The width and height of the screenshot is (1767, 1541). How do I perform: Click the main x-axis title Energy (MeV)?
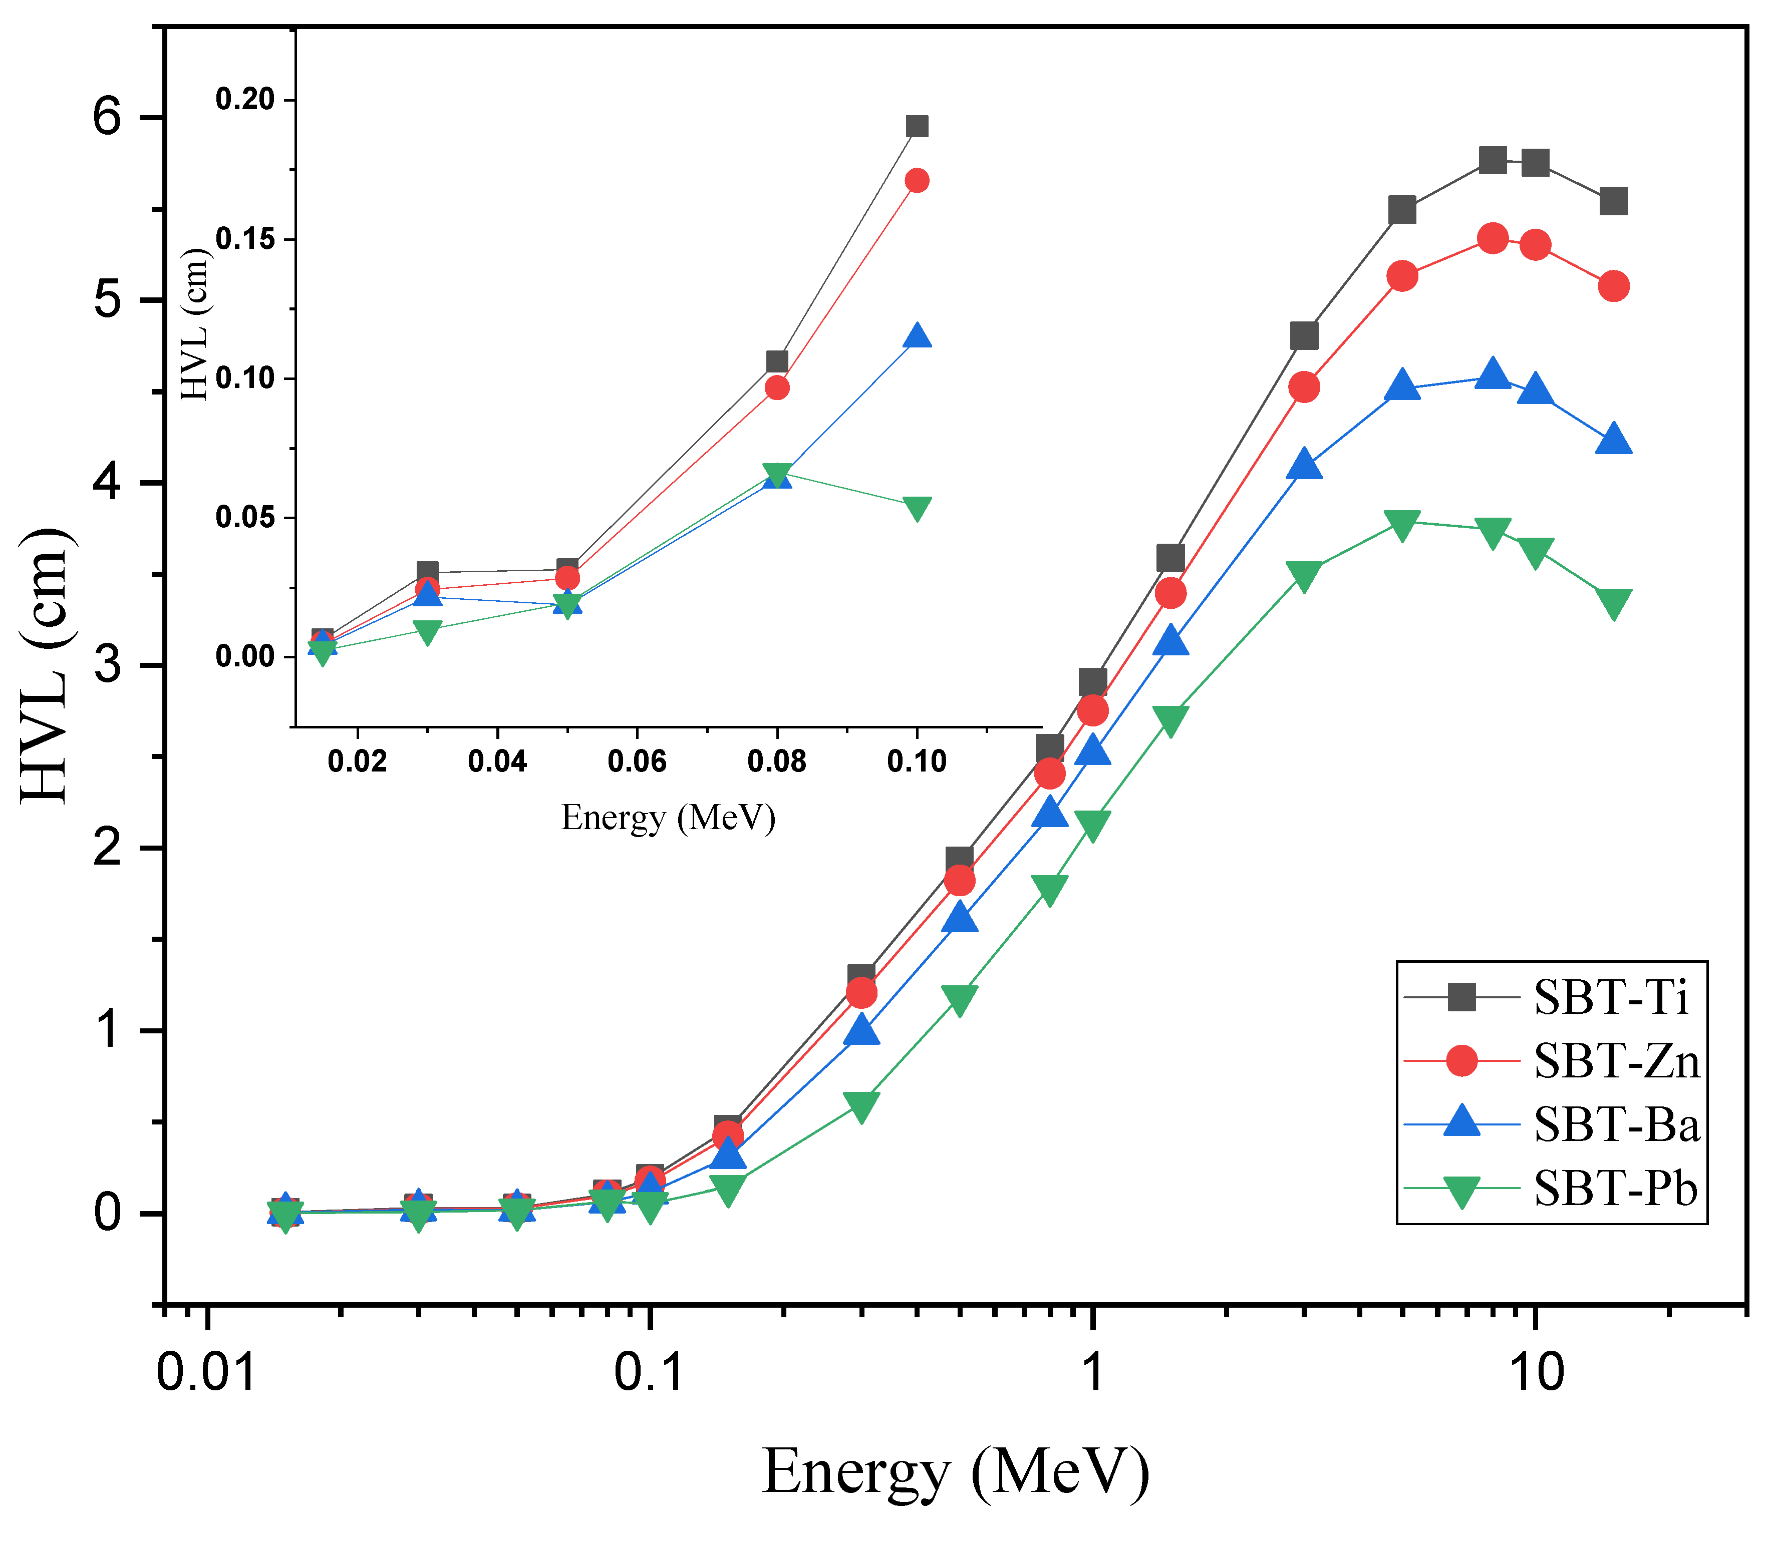tap(956, 1473)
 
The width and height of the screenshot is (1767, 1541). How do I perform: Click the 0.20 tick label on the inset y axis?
tap(245, 100)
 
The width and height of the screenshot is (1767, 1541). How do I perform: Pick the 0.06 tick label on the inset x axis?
tap(638, 761)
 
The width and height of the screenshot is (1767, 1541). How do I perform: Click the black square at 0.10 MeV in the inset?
tap(917, 126)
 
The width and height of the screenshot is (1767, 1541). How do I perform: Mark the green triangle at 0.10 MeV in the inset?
tap(917, 508)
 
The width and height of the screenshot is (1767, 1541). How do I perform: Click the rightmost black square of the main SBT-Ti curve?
tap(1613, 201)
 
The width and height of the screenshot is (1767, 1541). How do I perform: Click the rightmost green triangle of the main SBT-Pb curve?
tap(1613, 604)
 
